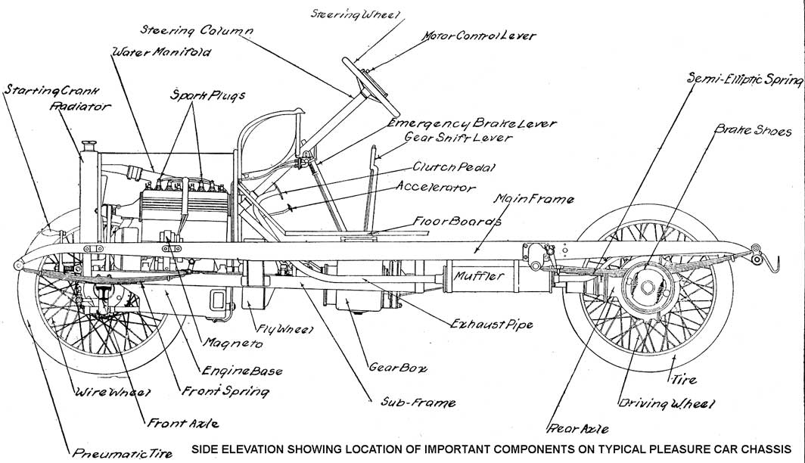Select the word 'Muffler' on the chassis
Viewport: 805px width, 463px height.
tap(479, 277)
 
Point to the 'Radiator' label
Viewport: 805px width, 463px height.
tap(80, 107)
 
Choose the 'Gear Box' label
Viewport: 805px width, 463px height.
tap(398, 368)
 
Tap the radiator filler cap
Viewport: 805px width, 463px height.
tap(89, 144)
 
